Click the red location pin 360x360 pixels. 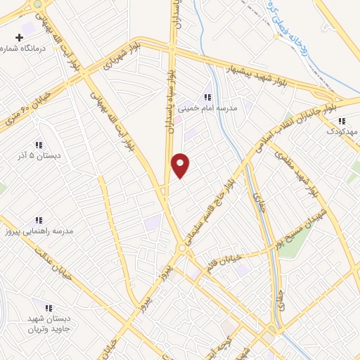181,165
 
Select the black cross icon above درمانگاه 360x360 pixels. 19,35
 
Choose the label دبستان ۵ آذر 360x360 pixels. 39,155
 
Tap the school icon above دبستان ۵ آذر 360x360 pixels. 39,143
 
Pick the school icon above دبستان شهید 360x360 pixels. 49,308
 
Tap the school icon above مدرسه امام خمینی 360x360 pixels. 207,97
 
